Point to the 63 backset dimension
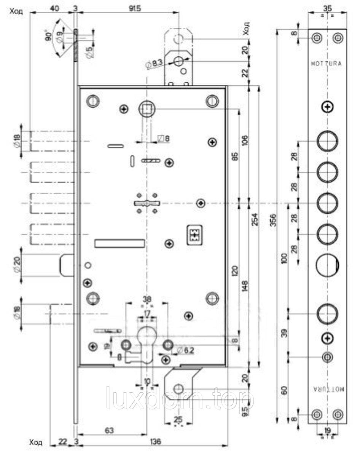pyautogui.click(x=109, y=431)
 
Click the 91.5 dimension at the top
pyautogui.click(x=130, y=9)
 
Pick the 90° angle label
pyautogui.click(x=48, y=37)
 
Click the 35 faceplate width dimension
pyautogui.click(x=327, y=7)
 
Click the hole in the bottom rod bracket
pyautogui.click(x=178, y=388)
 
